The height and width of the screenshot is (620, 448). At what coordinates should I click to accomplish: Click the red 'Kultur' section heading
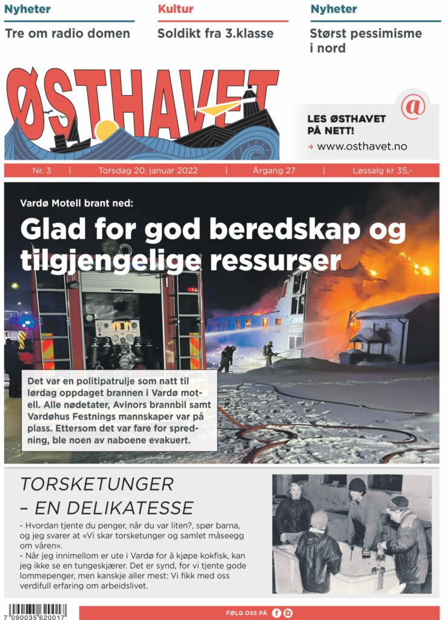point(176,9)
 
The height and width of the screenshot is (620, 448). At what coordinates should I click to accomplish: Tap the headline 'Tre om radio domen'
point(67,33)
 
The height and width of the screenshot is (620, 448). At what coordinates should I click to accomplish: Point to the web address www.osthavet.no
point(361,146)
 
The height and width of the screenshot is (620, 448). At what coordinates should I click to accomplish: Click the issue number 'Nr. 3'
point(42,171)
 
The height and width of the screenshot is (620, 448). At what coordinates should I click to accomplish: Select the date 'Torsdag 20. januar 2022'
point(148,171)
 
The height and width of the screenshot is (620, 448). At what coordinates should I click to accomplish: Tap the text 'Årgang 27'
point(274,171)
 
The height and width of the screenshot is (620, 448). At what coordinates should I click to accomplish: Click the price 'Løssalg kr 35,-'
point(383,171)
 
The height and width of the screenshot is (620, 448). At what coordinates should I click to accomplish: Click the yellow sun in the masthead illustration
point(107,130)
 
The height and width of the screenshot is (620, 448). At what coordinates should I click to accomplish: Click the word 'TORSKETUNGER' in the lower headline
point(97,484)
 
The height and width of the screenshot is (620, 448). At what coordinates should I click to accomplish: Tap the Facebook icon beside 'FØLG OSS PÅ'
point(277,613)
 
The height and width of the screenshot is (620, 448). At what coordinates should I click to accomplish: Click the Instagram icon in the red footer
point(288,613)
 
